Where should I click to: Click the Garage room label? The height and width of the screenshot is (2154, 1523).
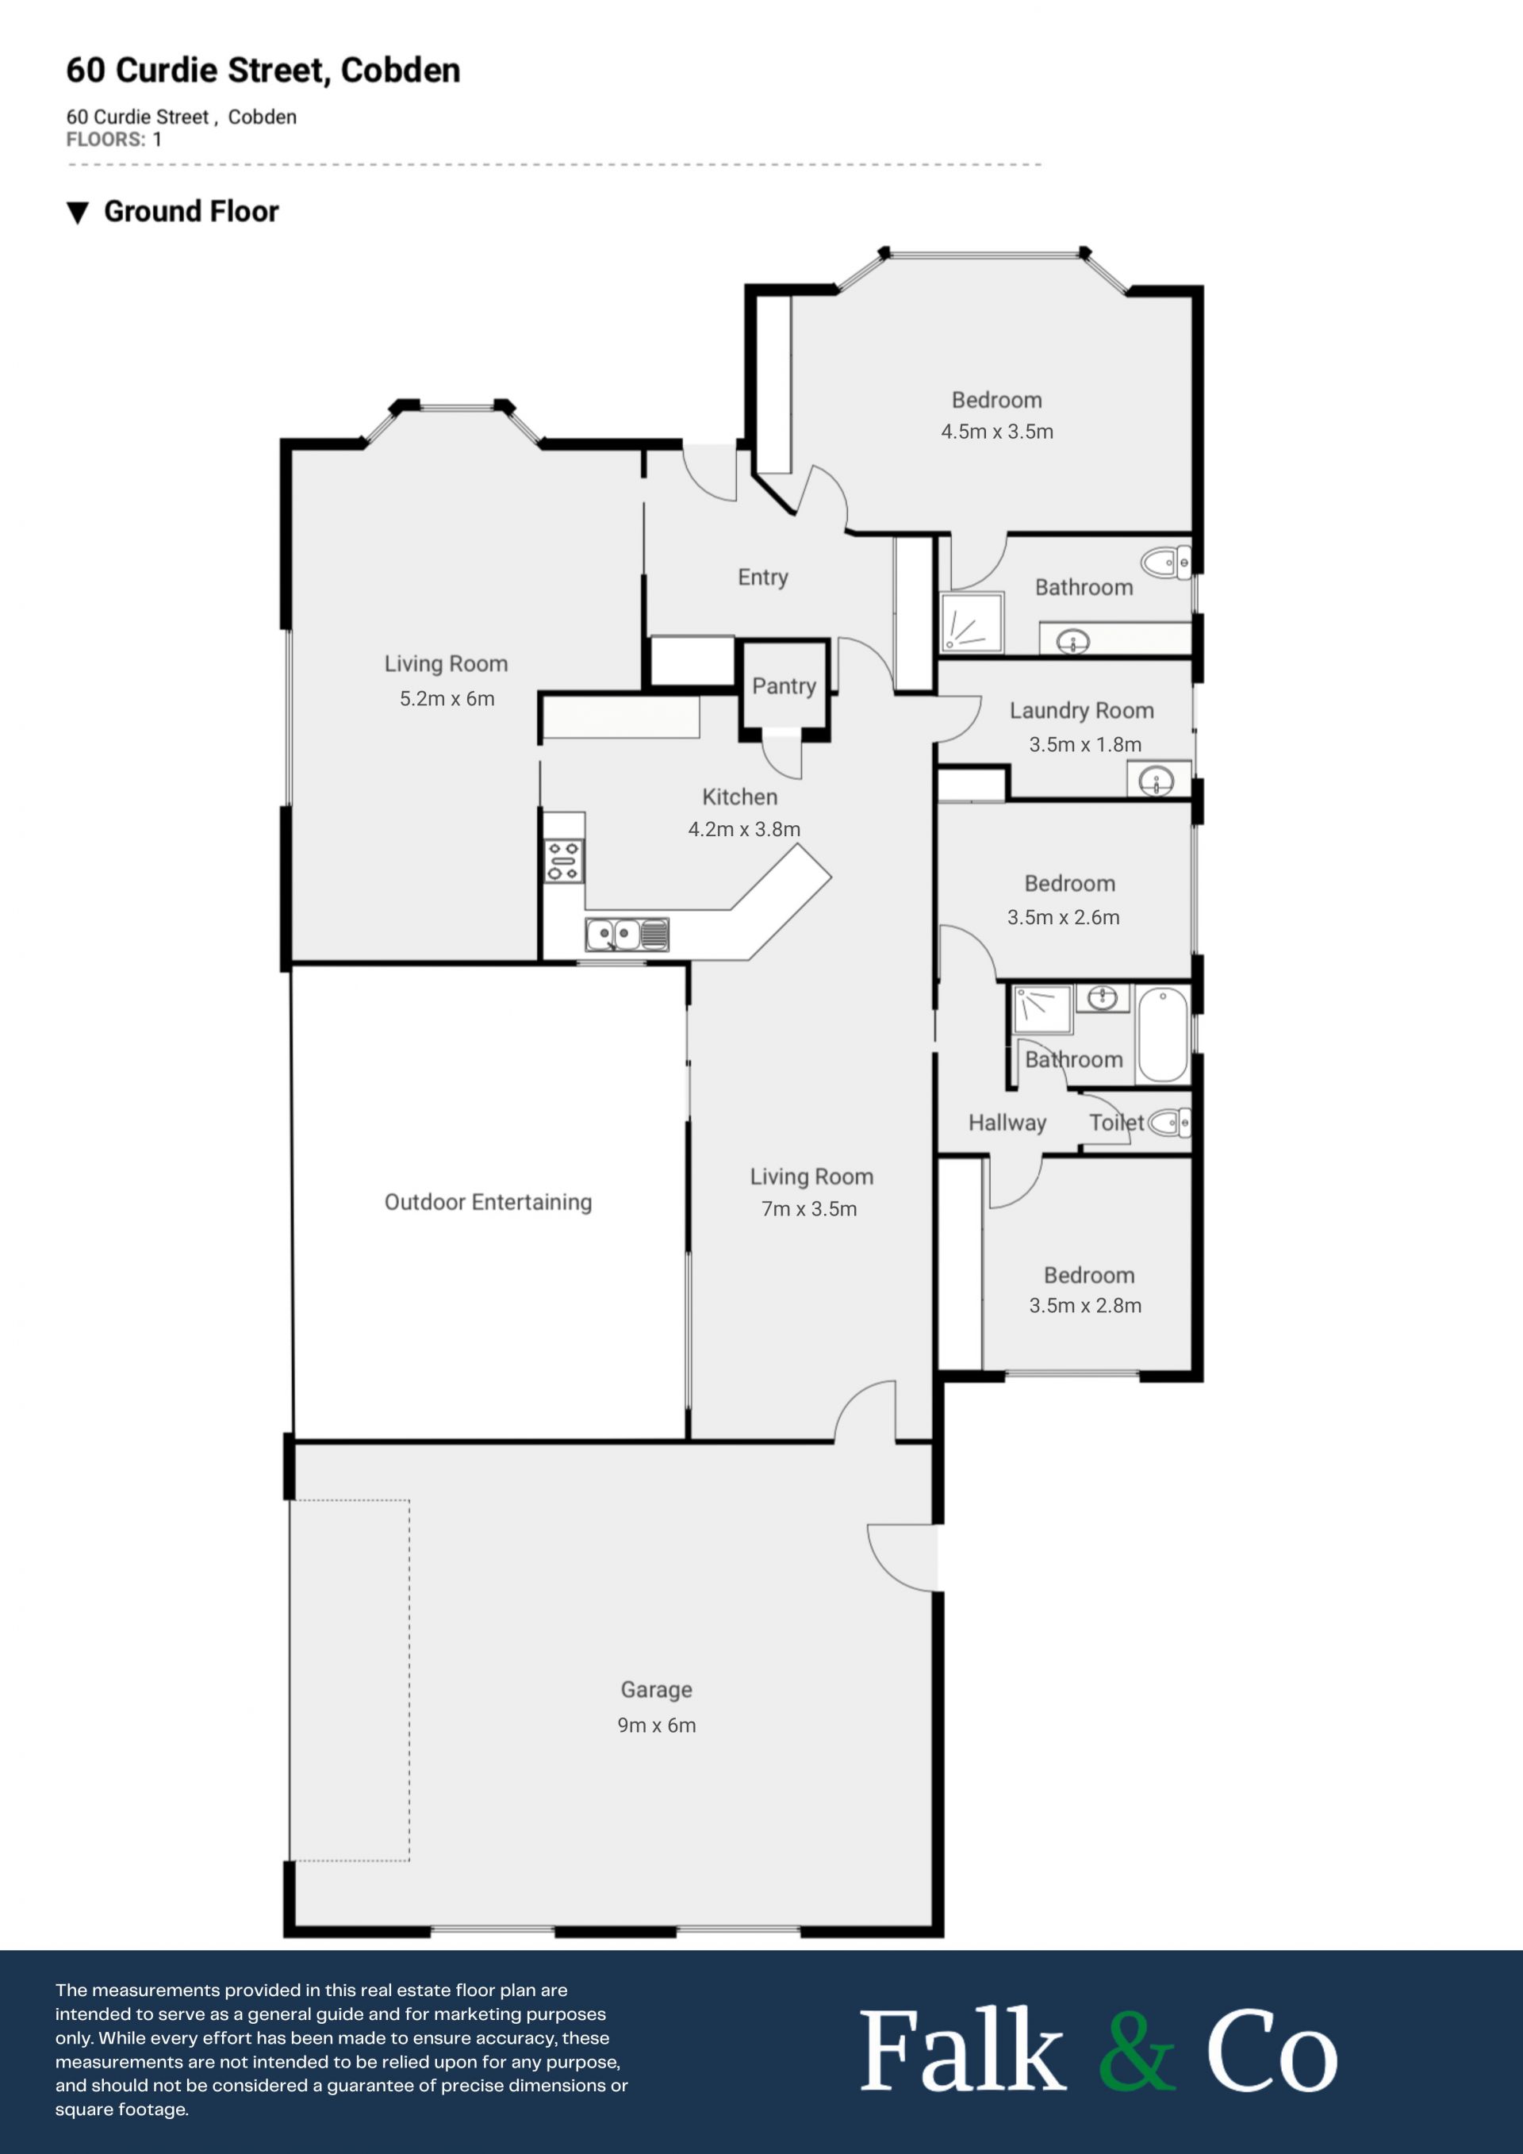coord(657,1690)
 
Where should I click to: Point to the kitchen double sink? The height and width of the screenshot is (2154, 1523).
coord(627,935)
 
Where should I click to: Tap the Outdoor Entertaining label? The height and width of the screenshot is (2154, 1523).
coord(488,1203)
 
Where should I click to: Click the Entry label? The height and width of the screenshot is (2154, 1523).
coord(762,578)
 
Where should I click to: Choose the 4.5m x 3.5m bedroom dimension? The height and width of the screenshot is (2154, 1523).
coord(997,432)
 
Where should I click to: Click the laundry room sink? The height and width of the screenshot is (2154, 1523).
coord(1157,780)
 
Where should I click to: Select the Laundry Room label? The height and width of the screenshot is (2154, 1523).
coord(1081,711)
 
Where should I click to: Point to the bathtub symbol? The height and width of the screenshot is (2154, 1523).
coord(1163,1034)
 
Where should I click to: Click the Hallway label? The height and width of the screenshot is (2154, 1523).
coord(1007,1123)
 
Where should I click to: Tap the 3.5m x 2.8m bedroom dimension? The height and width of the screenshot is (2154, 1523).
coord(1085,1306)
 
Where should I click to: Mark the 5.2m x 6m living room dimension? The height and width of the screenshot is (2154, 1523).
coord(447,699)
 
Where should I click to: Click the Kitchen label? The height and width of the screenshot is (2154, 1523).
coord(740,797)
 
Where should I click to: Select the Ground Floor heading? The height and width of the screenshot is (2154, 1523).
coord(191,212)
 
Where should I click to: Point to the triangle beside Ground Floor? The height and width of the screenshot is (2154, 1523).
coord(78,213)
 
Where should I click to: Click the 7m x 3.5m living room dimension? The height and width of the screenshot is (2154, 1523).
coord(809,1209)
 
